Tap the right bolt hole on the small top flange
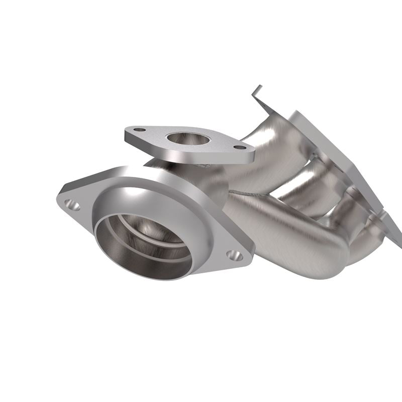240,148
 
